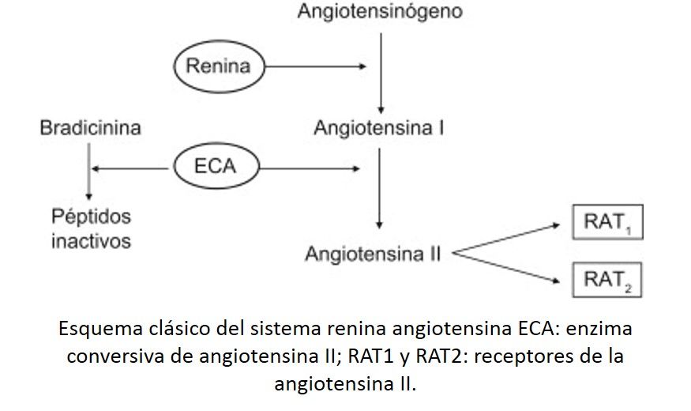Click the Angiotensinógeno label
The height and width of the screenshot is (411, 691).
tap(380, 12)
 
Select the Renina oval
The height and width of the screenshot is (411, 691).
tap(218, 66)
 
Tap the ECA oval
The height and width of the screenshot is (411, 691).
tap(216, 167)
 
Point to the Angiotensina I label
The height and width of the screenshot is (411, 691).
tap(378, 128)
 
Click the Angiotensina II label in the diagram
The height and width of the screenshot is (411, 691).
tap(373, 255)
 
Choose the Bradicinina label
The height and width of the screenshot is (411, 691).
tap(90, 128)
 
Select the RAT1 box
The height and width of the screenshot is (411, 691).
tap(607, 223)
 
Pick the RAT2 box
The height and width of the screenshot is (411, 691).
tap(607, 279)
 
